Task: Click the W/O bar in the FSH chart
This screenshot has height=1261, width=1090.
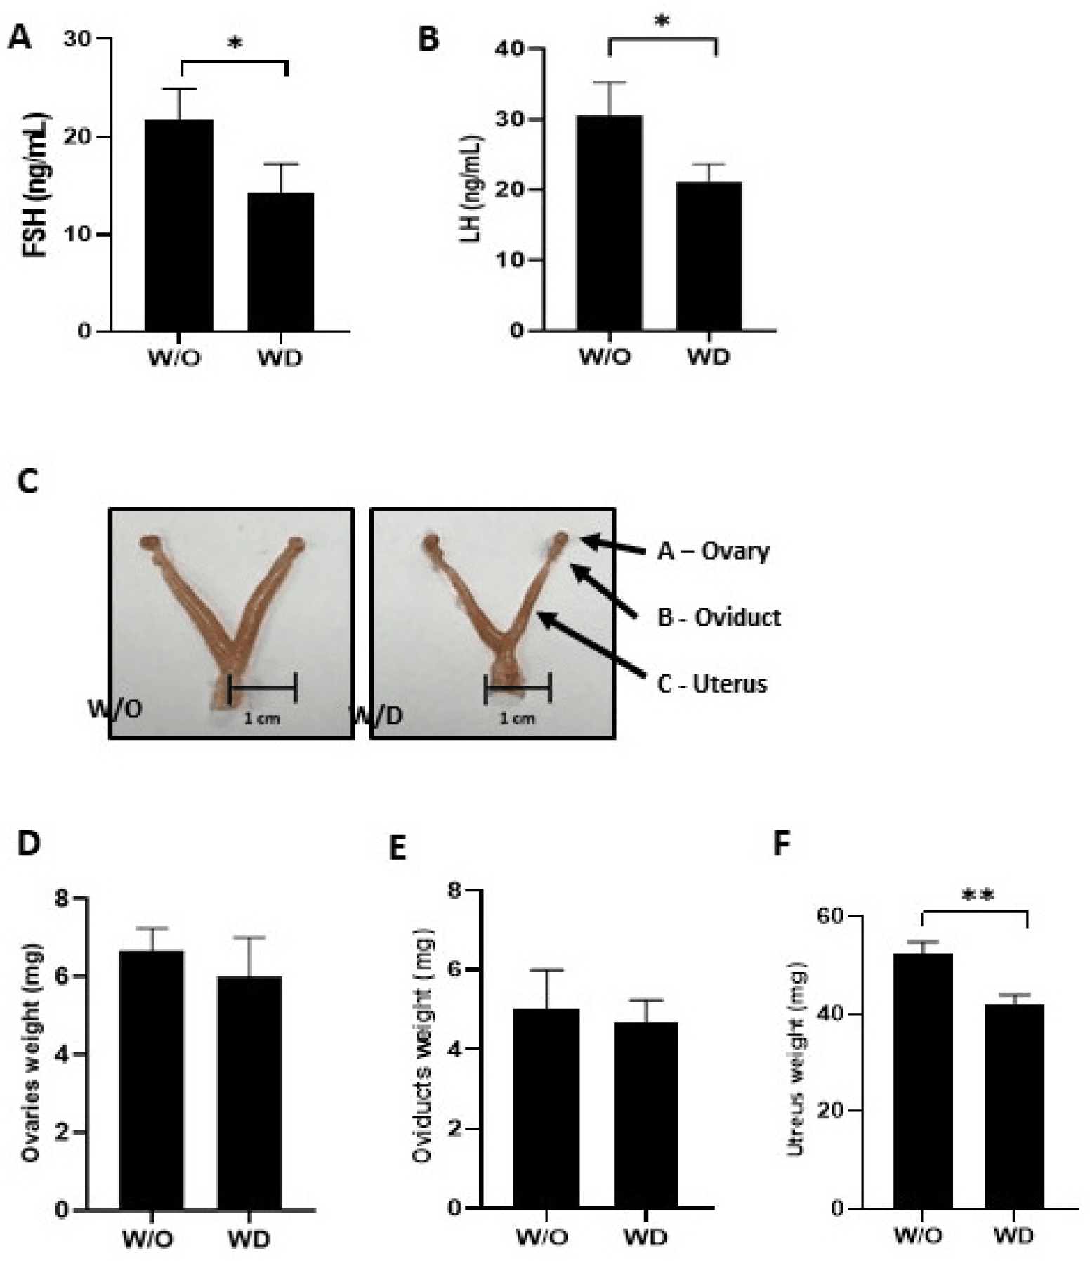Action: pyautogui.click(x=178, y=226)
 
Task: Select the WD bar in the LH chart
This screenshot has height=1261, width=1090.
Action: pyautogui.click(x=709, y=256)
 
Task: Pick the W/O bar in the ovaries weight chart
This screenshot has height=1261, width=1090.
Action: pyautogui.click(x=151, y=1080)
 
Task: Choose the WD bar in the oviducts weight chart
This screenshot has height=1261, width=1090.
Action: pyautogui.click(x=645, y=1116)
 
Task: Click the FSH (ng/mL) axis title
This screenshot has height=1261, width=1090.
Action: pyautogui.click(x=35, y=185)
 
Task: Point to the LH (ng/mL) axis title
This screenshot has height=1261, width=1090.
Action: pyautogui.click(x=470, y=188)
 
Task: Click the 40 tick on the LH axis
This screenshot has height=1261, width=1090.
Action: pyautogui.click(x=511, y=49)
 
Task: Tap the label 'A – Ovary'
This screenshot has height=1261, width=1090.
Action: pyautogui.click(x=713, y=551)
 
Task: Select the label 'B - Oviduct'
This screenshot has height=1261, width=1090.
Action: pyautogui.click(x=719, y=618)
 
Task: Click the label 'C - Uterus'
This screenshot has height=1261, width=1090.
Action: pyautogui.click(x=712, y=684)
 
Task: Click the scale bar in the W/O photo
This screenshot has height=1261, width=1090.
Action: pyautogui.click(x=263, y=687)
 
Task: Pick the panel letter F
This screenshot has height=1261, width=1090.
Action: pyautogui.click(x=782, y=844)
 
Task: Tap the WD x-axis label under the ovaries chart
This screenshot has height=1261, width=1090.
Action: pyautogui.click(x=249, y=1239)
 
